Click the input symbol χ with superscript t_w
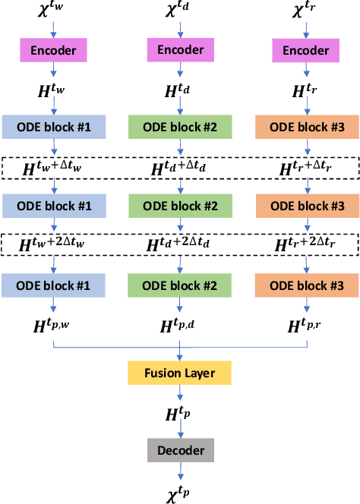click(x=53, y=11)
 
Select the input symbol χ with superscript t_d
click(x=180, y=11)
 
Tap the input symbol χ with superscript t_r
click(x=306, y=11)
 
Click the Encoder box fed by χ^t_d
click(x=180, y=49)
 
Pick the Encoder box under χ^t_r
click(x=306, y=50)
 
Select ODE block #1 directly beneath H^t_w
click(x=53, y=127)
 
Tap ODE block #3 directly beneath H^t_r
click(x=306, y=127)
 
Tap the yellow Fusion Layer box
click(x=179, y=373)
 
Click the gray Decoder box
click(x=179, y=450)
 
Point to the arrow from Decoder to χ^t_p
click(x=179, y=471)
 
